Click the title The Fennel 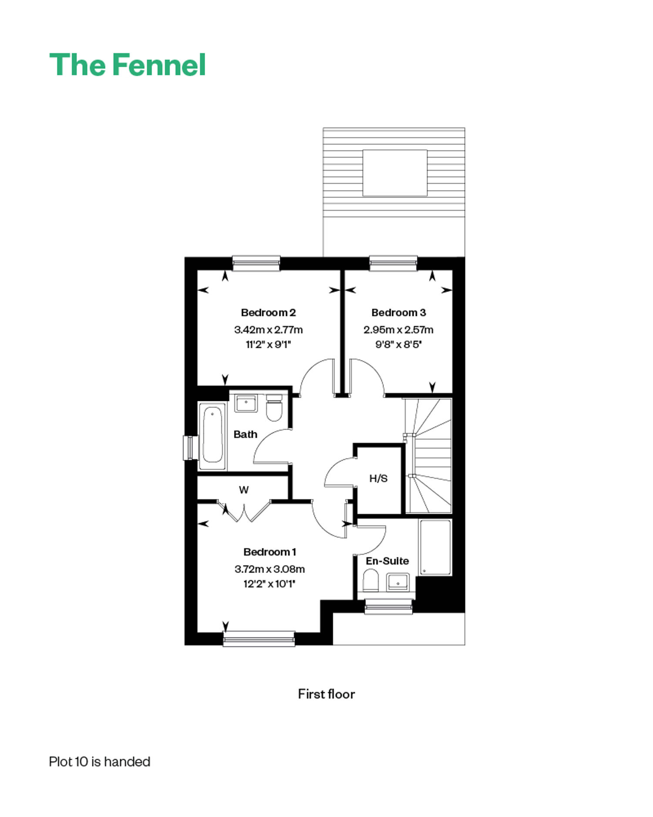tap(127, 65)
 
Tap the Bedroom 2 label tap(268, 312)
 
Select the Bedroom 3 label tap(398, 312)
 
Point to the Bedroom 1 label tap(269, 552)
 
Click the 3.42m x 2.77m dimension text tap(268, 329)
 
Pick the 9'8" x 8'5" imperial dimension tap(398, 344)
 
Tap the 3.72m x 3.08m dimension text tap(269, 569)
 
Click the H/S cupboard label tap(378, 478)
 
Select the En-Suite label tap(387, 561)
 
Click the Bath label tap(245, 434)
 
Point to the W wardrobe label tap(244, 490)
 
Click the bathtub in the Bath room tap(212, 435)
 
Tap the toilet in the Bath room tap(274, 408)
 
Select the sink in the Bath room tap(246, 403)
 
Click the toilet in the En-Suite tap(371, 580)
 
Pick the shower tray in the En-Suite tap(435, 547)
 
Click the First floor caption tap(326, 694)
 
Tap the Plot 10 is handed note tap(100, 762)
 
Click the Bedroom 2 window tap(256, 263)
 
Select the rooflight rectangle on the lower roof tap(395, 173)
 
